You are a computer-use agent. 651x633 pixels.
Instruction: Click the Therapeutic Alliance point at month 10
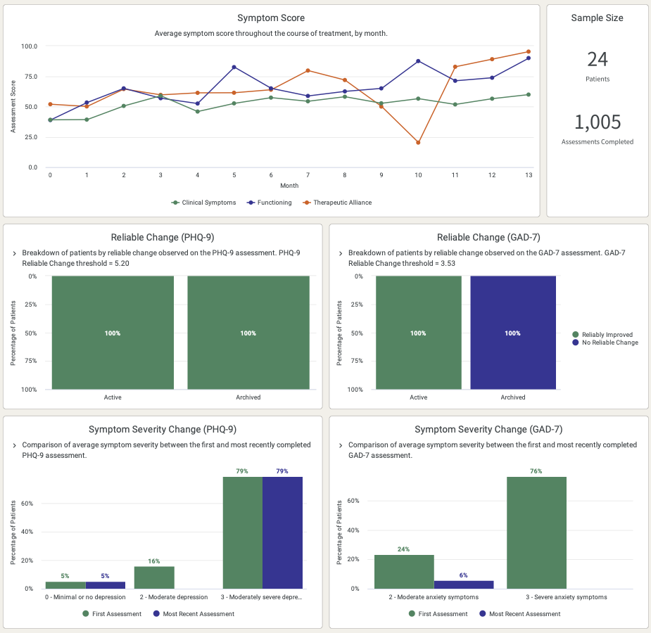pos(418,143)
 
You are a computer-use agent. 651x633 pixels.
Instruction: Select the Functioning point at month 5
pos(234,67)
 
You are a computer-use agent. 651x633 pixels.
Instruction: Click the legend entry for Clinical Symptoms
pos(203,203)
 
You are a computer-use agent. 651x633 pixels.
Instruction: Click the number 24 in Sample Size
pos(597,59)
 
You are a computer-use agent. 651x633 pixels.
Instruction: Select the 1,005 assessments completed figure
pos(597,122)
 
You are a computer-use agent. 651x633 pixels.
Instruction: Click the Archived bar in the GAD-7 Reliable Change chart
pos(512,333)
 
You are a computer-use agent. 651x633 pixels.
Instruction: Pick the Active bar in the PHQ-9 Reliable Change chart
pos(113,333)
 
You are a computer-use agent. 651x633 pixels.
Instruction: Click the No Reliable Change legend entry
pos(609,343)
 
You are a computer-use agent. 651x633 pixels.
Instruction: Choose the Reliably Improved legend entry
pos(607,335)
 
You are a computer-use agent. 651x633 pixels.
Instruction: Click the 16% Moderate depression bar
pos(154,577)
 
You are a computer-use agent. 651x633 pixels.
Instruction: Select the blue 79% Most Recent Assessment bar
pos(282,532)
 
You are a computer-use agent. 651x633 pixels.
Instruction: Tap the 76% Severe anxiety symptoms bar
pos(536,532)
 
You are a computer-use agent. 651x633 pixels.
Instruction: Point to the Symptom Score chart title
pos(271,18)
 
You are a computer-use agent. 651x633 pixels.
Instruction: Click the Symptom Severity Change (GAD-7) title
pos(488,429)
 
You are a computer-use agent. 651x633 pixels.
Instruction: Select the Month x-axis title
pos(289,186)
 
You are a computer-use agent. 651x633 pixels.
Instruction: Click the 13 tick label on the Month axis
pos(529,175)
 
